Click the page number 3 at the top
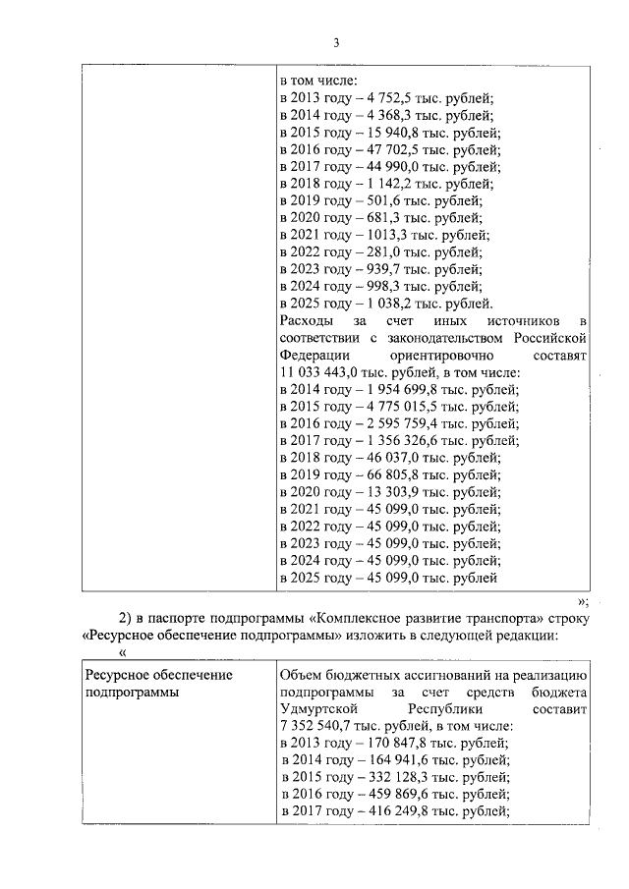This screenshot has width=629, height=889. pyautogui.click(x=335, y=43)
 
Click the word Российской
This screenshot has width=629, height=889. pyautogui.click(x=551, y=338)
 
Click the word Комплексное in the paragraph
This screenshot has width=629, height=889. pyautogui.click(x=386, y=618)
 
